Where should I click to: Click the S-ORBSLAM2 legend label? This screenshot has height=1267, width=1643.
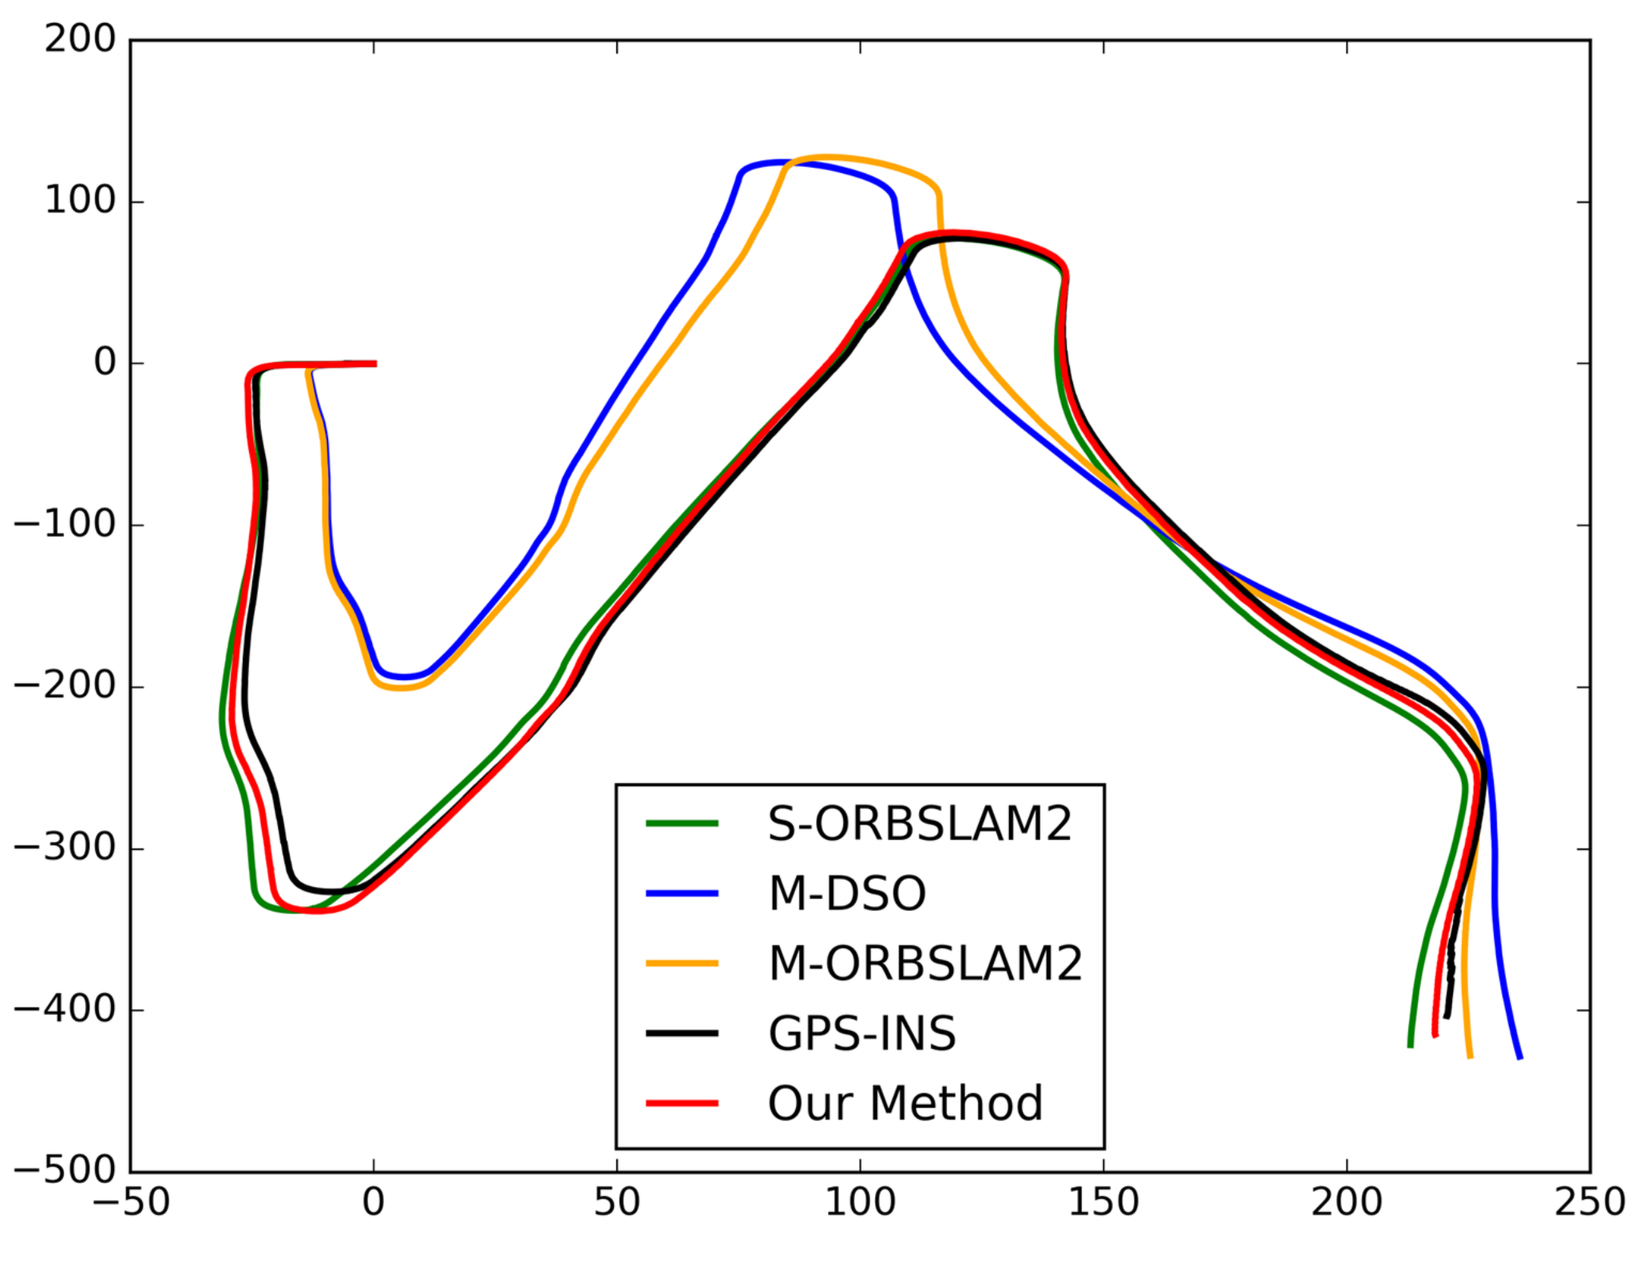tap(919, 825)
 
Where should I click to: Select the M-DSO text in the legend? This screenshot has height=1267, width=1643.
tap(847, 894)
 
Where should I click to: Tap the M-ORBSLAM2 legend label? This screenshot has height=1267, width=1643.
tap(924, 964)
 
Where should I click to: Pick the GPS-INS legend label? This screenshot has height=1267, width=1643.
tap(861, 1034)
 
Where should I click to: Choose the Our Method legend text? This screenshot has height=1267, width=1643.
tap(905, 1103)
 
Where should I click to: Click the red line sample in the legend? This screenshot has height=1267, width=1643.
tap(682, 1103)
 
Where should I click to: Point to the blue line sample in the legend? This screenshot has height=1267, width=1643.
tap(682, 893)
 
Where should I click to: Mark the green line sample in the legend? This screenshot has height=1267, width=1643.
tap(682, 824)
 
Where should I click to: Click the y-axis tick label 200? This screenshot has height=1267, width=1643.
tap(80, 39)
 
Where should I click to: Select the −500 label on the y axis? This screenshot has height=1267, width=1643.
tap(65, 1171)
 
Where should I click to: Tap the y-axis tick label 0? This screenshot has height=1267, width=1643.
tap(105, 363)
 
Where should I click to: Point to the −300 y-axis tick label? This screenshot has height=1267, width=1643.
tap(65, 848)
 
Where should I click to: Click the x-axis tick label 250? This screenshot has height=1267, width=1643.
tap(1589, 1202)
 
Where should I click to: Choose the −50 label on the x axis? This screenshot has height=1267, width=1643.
tap(131, 1202)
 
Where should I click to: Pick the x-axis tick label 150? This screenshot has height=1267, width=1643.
tap(1103, 1202)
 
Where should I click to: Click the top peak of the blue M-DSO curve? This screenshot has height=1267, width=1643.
tap(778, 162)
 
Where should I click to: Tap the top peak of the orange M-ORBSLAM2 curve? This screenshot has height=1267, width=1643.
tap(826, 157)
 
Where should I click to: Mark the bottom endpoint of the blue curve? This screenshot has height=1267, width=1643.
tap(1519, 1058)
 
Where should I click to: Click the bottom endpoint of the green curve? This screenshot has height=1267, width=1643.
tap(1410, 1046)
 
